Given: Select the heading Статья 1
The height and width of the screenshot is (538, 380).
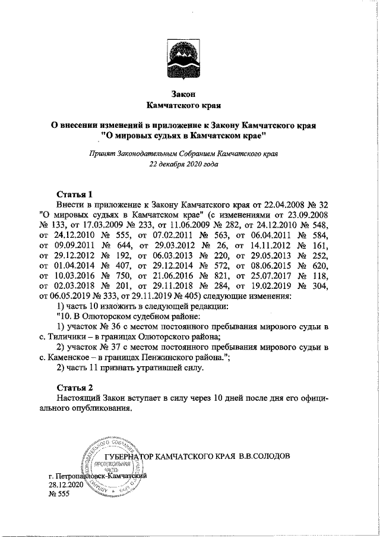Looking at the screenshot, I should point(75,194).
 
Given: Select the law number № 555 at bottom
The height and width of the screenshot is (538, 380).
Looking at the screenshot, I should point(59,495).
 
